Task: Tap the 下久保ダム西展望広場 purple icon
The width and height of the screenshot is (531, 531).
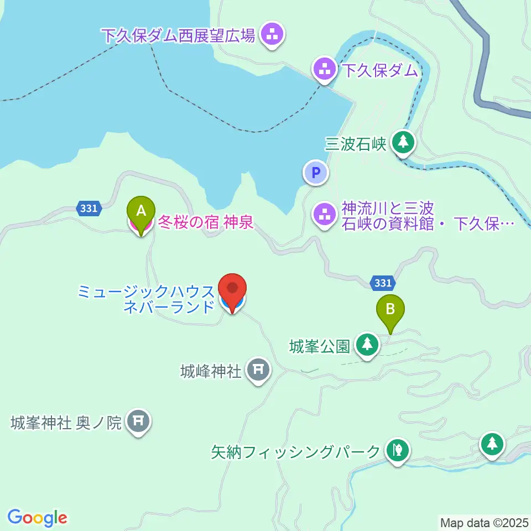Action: pyautogui.click(x=271, y=35)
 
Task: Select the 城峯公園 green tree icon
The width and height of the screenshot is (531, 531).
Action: pyautogui.click(x=366, y=345)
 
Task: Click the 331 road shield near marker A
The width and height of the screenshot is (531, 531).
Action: pyautogui.click(x=89, y=209)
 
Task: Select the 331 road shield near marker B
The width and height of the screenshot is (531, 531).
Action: pyautogui.click(x=382, y=283)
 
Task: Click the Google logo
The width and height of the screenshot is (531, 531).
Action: pyautogui.click(x=37, y=517)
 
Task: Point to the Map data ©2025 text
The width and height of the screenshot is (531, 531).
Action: pyautogui.click(x=483, y=522)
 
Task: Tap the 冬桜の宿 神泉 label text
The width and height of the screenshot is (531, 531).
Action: pyautogui.click(x=206, y=223)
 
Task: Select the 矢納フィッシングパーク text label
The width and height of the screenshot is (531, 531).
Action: pyautogui.click(x=296, y=452)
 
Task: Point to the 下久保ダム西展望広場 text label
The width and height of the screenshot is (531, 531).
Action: pyautogui.click(x=178, y=37)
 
